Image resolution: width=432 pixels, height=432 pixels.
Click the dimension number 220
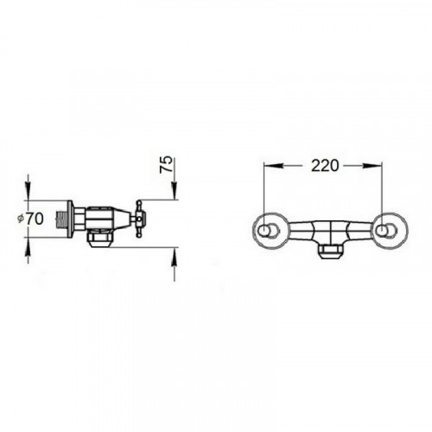(x=325, y=166)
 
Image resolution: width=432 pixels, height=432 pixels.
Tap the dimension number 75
(x=166, y=164)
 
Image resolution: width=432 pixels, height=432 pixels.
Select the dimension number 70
(x=35, y=219)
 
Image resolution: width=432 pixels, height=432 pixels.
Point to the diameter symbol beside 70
(x=20, y=219)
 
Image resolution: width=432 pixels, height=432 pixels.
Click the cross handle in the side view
(x=139, y=219)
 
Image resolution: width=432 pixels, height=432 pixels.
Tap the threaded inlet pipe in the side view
(x=60, y=219)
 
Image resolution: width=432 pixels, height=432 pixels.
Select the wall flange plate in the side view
(x=70, y=219)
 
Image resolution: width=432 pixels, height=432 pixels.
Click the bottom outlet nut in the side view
(x=99, y=238)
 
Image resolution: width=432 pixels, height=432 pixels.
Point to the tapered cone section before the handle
(x=122, y=219)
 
